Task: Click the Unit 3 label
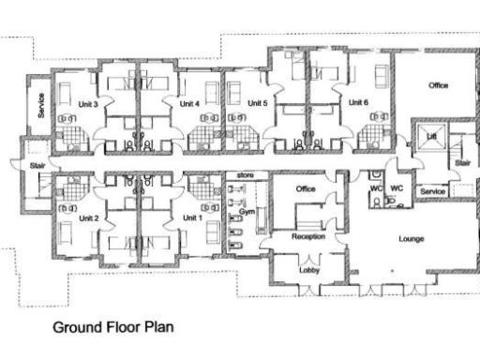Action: click(x=90, y=104)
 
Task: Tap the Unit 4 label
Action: click(x=190, y=103)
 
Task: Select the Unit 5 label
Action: click(x=258, y=103)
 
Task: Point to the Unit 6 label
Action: click(x=357, y=102)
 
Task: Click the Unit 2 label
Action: click(x=89, y=217)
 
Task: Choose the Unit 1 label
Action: click(x=191, y=217)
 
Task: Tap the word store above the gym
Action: click(x=246, y=175)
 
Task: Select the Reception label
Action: click(x=308, y=236)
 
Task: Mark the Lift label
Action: click(x=431, y=138)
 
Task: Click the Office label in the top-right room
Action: click(x=438, y=85)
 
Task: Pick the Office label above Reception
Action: click(x=306, y=190)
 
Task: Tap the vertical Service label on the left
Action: click(x=41, y=106)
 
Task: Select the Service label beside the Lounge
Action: click(x=432, y=191)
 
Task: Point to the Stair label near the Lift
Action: click(x=462, y=162)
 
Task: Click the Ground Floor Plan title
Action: click(x=113, y=329)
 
